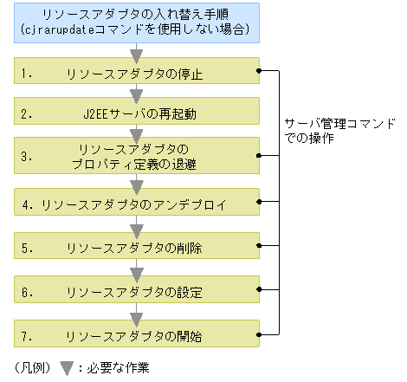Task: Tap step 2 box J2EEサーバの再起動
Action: pyautogui.click(x=136, y=113)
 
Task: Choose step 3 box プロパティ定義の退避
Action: pyautogui.click(x=136, y=157)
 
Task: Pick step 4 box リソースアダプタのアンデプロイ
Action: pyautogui.click(x=136, y=205)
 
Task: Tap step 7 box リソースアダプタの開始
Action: pyautogui.click(x=136, y=335)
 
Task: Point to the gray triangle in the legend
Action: pyautogui.click(x=67, y=365)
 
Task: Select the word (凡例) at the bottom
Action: pyautogui.click(x=33, y=365)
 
